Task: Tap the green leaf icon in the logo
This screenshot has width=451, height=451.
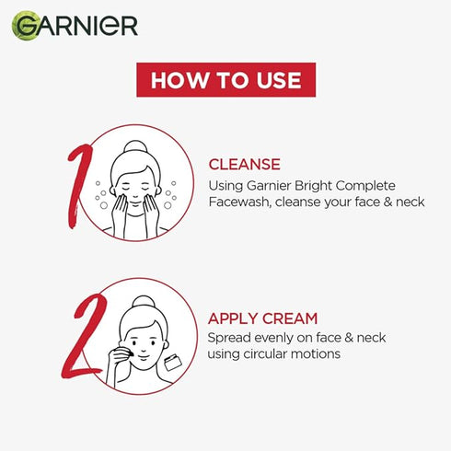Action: click(25, 25)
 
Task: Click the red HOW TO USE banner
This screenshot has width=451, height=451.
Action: click(225, 79)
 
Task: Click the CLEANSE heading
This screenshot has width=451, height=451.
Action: click(244, 165)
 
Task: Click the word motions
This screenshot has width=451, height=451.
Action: click(318, 354)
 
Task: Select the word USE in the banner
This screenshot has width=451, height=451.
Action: click(274, 79)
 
